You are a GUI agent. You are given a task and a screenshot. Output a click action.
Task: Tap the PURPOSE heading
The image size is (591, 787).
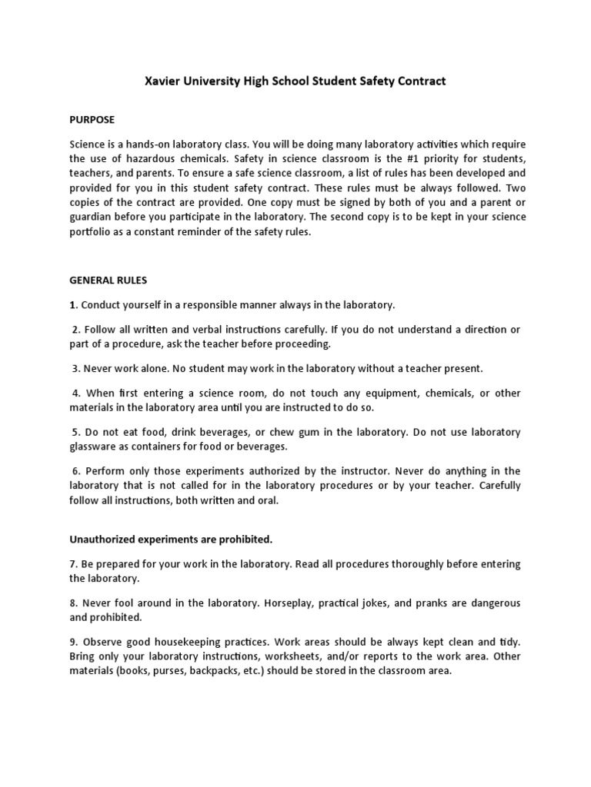[x=92, y=120]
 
